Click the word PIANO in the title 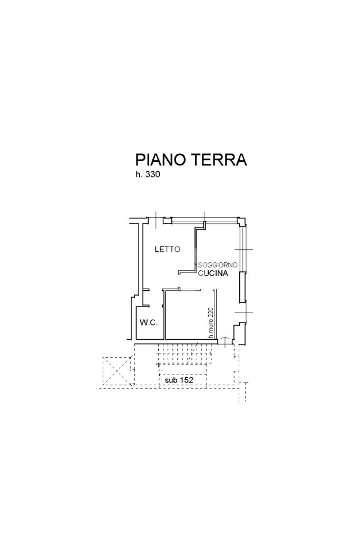point(161,160)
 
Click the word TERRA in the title point(219,160)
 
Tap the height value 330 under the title point(153,174)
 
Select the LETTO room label point(168,249)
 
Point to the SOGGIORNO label point(218,265)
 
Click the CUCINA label point(213,273)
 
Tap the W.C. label point(149,323)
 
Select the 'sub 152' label point(179,380)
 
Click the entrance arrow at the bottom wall point(225,342)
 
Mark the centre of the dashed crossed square point(118,371)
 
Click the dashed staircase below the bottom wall point(185,354)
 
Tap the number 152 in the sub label point(187,380)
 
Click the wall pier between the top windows point(167,220)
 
